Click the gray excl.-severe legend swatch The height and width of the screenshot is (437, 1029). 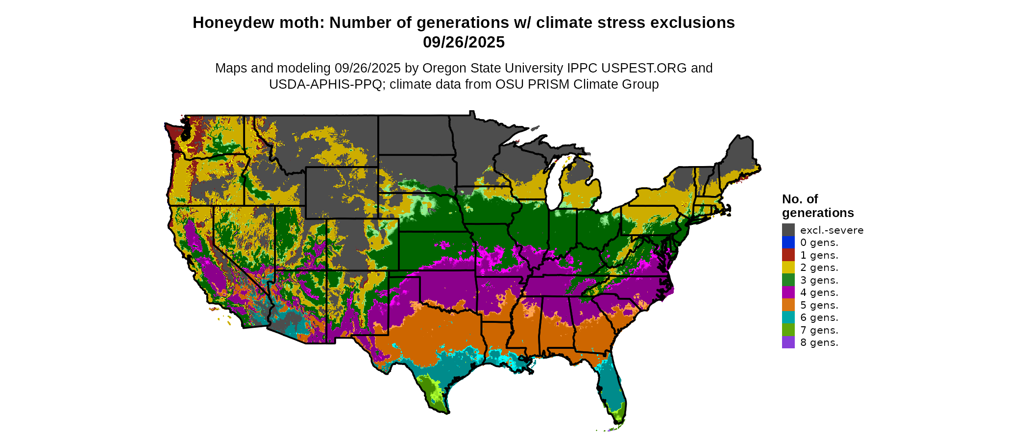point(788,230)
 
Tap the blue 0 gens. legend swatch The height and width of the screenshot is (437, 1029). point(788,243)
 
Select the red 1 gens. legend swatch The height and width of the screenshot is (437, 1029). point(788,255)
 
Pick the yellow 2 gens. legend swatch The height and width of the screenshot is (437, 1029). point(788,267)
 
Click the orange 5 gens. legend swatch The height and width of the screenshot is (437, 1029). point(788,305)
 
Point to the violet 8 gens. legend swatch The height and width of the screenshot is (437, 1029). point(788,342)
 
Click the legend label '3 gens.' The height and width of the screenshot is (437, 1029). point(819,280)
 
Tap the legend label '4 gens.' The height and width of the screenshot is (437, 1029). point(819,292)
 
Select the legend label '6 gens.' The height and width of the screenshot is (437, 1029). point(819,317)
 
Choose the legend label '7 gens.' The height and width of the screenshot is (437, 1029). point(819,330)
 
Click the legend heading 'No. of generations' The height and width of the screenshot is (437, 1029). point(817,206)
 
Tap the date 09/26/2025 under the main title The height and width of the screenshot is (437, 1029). point(464,42)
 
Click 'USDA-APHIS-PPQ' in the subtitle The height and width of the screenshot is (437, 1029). point(325,84)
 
